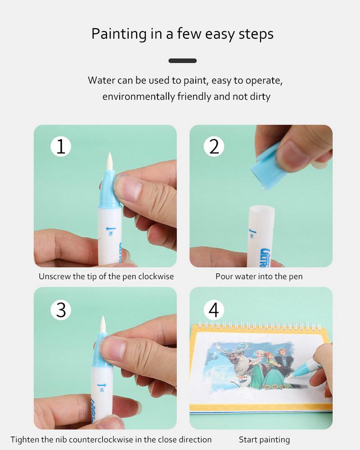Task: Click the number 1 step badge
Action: (x=61, y=147)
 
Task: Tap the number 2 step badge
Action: (x=214, y=147)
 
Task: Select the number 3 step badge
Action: (x=61, y=310)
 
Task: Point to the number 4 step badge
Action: (x=214, y=310)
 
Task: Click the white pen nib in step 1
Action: (x=109, y=161)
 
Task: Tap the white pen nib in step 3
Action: (x=103, y=325)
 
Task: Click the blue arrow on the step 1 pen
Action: (x=111, y=229)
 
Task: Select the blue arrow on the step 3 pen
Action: (x=102, y=385)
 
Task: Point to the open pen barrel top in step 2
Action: (x=262, y=210)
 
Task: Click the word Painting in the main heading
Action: (x=119, y=34)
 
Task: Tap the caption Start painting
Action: (x=264, y=440)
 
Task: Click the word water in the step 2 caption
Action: (x=246, y=276)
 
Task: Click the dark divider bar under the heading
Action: (x=182, y=61)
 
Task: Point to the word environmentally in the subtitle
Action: (x=139, y=97)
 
